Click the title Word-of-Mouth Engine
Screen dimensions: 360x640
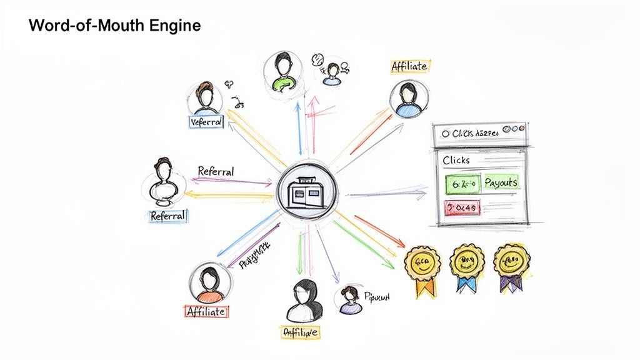pyautogui.click(x=114, y=26)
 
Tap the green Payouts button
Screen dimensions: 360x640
pyautogui.click(x=500, y=182)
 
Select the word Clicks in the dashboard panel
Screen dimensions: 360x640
pyautogui.click(x=456, y=161)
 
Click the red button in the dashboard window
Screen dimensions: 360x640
pyautogui.click(x=461, y=207)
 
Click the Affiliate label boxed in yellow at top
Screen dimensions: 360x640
pyautogui.click(x=409, y=67)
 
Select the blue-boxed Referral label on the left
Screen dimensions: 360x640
pyautogui.click(x=167, y=216)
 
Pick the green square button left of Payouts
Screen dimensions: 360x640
pyautogui.click(x=463, y=183)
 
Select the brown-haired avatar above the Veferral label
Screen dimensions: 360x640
pyautogui.click(x=205, y=97)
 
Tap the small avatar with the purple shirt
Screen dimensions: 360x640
pyautogui.click(x=349, y=300)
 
